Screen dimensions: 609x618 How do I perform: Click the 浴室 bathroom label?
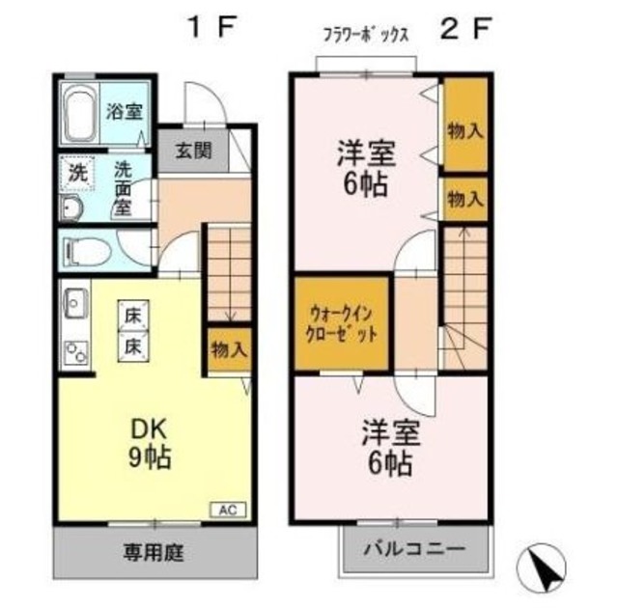pos(124,110)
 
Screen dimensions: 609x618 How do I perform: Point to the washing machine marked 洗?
pos(75,175)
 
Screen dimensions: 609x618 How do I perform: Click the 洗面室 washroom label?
pos(124,188)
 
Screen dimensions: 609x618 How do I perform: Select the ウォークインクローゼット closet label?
pos(343,326)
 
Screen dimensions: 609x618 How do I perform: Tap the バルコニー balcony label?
pos(414,547)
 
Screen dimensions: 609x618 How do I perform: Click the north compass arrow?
pos(547,566)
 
